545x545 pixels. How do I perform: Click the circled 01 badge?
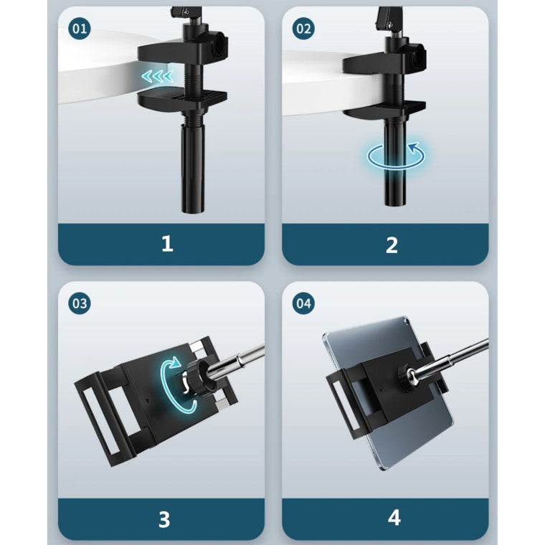click(x=80, y=29)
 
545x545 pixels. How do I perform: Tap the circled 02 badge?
click(x=303, y=29)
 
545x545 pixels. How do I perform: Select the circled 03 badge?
click(x=80, y=303)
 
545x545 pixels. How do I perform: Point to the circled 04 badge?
click(x=303, y=303)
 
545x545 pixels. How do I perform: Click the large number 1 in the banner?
click(x=167, y=243)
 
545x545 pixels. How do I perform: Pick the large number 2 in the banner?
click(x=392, y=245)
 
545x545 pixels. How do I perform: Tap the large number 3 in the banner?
click(x=164, y=520)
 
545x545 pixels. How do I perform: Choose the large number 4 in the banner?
click(x=394, y=518)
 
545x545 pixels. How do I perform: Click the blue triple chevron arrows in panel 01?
click(x=158, y=76)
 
